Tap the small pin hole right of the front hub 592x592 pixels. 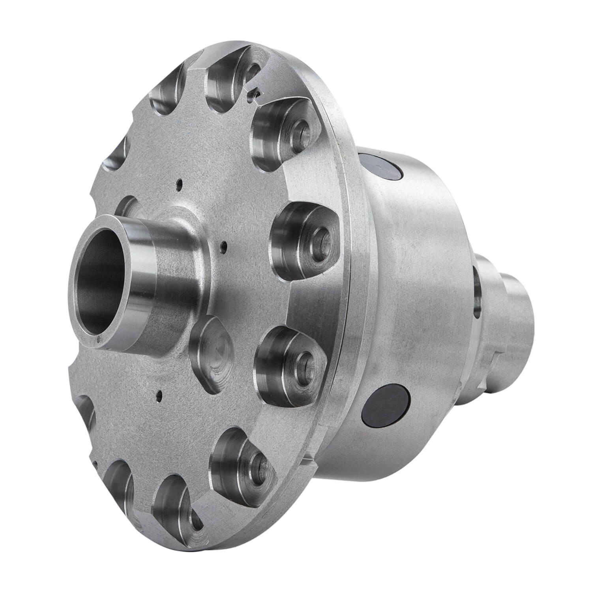click(x=224, y=248)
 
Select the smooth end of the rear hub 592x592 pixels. click(x=521, y=308)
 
